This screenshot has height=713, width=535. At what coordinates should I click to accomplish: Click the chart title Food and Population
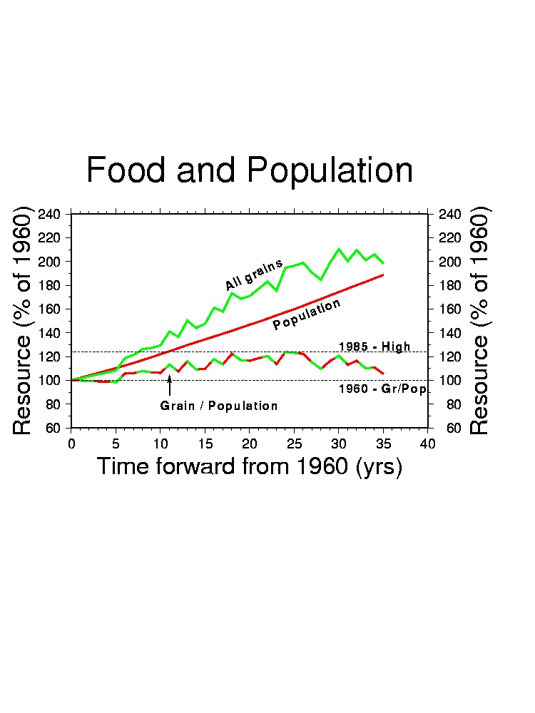click(249, 171)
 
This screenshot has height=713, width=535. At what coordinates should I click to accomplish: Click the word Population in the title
click(330, 171)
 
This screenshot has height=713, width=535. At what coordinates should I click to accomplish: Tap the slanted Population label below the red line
click(307, 314)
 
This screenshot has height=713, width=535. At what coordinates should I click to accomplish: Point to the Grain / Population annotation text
click(219, 406)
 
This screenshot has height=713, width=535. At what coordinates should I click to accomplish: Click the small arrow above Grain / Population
click(170, 385)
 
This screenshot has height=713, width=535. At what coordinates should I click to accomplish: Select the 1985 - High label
click(374, 347)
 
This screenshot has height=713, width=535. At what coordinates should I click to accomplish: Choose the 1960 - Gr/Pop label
click(382, 389)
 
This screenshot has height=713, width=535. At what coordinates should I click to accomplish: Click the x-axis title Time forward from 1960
click(249, 467)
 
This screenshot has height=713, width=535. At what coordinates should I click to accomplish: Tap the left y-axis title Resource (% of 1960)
click(23, 320)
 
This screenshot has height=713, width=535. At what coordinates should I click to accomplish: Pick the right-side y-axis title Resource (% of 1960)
click(479, 320)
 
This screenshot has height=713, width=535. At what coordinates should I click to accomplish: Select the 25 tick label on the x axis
click(294, 444)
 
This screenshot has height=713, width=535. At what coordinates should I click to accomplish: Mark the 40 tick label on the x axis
click(428, 444)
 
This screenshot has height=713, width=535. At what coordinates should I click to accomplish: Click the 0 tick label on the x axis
click(71, 444)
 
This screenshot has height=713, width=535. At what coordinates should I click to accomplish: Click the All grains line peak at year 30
click(339, 249)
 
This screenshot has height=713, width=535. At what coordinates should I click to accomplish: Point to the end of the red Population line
click(383, 275)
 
